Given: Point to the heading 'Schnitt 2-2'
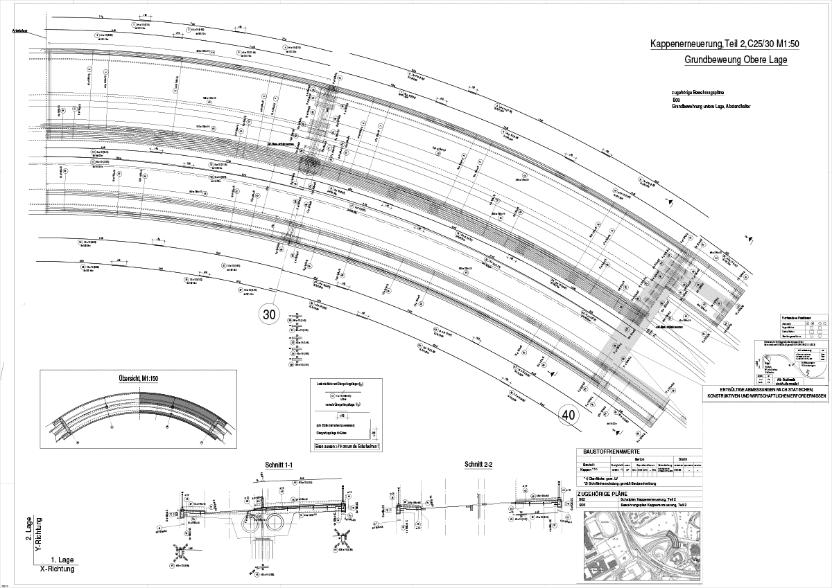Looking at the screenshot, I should coord(478,463).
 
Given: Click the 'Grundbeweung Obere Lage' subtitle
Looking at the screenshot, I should coord(736,60).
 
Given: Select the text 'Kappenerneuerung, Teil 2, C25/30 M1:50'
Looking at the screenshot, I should coord(719,44).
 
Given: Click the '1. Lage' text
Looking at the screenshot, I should coord(62,558).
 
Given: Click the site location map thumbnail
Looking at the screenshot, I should coord(639,546).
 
